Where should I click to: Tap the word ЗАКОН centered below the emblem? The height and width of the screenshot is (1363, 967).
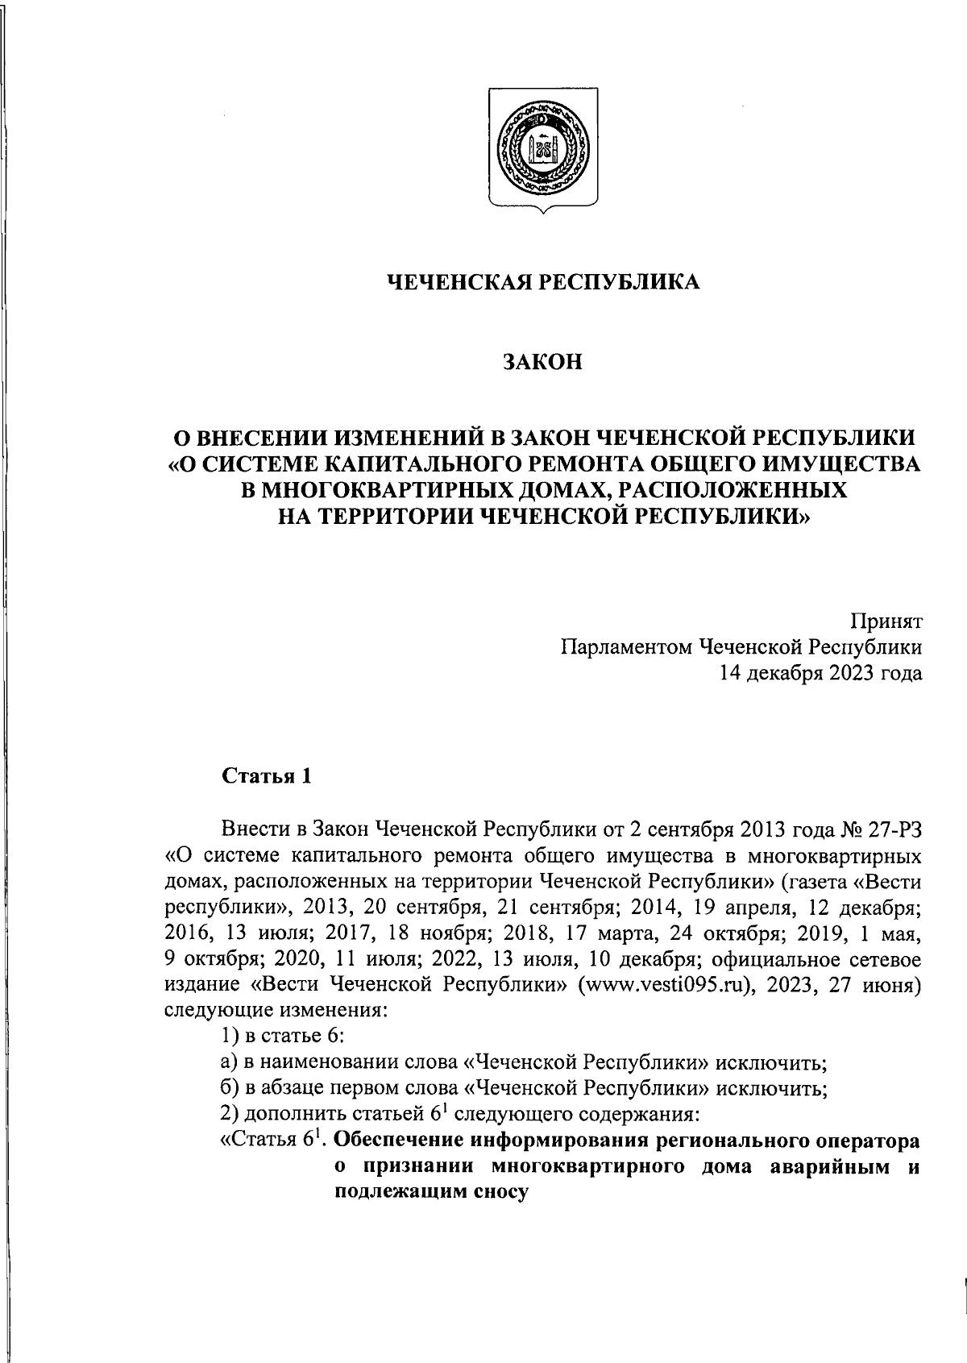coord(543,363)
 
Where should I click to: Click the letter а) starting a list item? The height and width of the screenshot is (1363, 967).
coord(229,1062)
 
